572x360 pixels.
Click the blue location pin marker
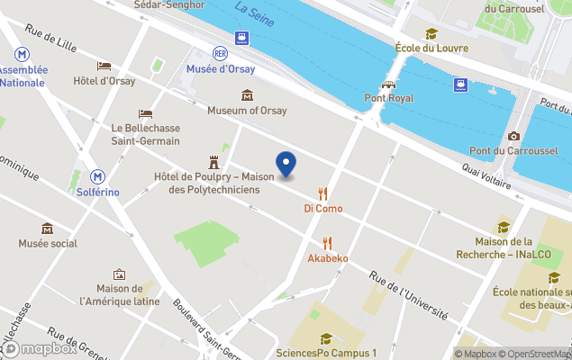point(286,165)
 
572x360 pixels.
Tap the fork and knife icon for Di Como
point(322,193)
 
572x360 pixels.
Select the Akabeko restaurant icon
point(327,243)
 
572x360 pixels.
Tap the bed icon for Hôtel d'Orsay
point(104,66)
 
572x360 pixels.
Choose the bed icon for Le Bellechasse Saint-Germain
point(145,113)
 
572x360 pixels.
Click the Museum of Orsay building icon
point(247,95)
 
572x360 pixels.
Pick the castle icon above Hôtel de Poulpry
point(213,162)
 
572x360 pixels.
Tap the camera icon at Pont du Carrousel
point(513,136)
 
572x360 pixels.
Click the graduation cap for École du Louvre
point(431,33)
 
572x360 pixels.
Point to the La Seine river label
point(254,12)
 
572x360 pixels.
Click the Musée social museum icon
point(47,228)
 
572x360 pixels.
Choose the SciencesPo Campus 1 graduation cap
point(326,338)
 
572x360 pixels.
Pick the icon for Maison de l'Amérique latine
point(119,274)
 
